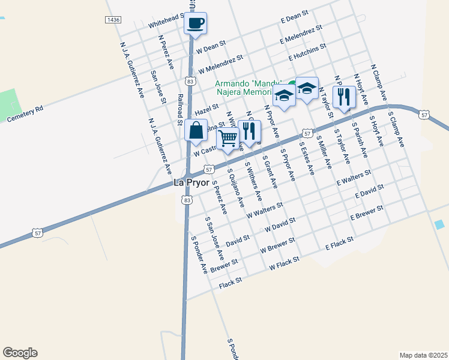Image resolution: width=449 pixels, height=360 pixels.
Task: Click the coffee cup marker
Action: pyautogui.click(x=196, y=24)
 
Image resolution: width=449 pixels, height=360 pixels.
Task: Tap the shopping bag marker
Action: pyautogui.click(x=196, y=130)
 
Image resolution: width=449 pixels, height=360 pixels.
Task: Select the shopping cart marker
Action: pyautogui.click(x=228, y=139)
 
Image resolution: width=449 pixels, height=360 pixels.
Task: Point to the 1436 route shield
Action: pyautogui.click(x=112, y=20)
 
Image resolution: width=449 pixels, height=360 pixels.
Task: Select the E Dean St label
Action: pyautogui.click(x=294, y=16)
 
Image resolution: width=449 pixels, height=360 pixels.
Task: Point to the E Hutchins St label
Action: pyautogui.click(x=307, y=52)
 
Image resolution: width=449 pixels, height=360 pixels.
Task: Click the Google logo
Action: pyautogui.click(x=20, y=353)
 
